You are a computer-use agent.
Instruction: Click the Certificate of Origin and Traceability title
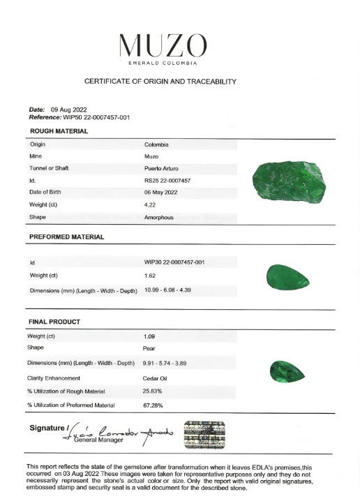pos(160,82)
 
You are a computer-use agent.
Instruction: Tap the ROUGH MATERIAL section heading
pos(59,130)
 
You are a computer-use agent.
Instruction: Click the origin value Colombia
pos(156,144)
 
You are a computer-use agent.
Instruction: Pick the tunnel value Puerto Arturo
pos(164,168)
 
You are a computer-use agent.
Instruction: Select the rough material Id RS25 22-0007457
pos(167,180)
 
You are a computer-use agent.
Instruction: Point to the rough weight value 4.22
pos(149,204)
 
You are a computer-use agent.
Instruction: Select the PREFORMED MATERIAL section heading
pos(66,237)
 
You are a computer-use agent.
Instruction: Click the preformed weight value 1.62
pos(149,276)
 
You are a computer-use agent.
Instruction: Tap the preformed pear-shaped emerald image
pos(289,278)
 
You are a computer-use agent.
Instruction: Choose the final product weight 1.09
pos(149,336)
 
